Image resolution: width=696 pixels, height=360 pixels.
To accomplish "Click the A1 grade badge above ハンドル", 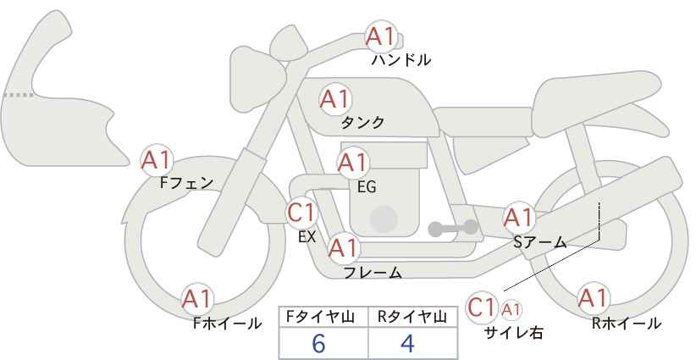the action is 381,36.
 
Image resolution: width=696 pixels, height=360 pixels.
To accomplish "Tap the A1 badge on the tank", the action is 335,99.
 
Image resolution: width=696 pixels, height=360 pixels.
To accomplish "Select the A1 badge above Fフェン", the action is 157,160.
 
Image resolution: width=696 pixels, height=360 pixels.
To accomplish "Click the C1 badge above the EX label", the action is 301,213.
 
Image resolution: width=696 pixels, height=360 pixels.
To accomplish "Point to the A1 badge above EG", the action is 353,163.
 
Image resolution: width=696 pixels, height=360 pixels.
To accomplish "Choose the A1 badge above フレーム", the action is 344,248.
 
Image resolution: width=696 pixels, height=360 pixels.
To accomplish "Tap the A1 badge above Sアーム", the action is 518,218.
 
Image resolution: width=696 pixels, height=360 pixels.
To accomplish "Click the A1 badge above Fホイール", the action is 197,300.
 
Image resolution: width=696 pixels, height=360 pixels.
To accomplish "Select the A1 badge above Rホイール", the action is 593,298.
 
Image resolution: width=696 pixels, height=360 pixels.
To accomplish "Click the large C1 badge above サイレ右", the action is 482,307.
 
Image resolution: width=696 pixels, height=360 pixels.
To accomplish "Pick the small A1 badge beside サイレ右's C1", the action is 511,309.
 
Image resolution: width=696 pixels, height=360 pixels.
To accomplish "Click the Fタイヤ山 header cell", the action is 323,317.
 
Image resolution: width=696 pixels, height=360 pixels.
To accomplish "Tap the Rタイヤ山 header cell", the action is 413,317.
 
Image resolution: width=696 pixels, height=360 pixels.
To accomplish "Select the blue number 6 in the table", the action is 318,344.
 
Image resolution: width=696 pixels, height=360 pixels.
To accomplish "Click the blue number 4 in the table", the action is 407,344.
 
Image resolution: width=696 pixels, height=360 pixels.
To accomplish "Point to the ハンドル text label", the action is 401,60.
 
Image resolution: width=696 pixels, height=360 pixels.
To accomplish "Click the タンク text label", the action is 362,123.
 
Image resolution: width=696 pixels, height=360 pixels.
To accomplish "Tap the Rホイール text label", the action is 627,324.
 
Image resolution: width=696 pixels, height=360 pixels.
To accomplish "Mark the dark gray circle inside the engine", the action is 384,219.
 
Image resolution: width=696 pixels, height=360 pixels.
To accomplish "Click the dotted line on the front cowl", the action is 19,95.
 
